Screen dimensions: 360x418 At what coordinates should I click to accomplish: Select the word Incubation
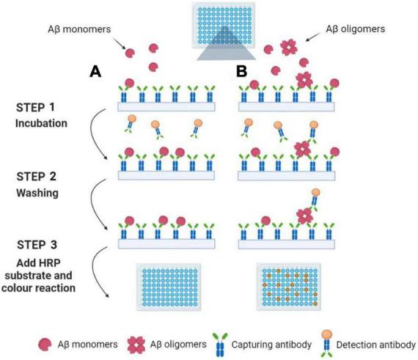tap(40, 122)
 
